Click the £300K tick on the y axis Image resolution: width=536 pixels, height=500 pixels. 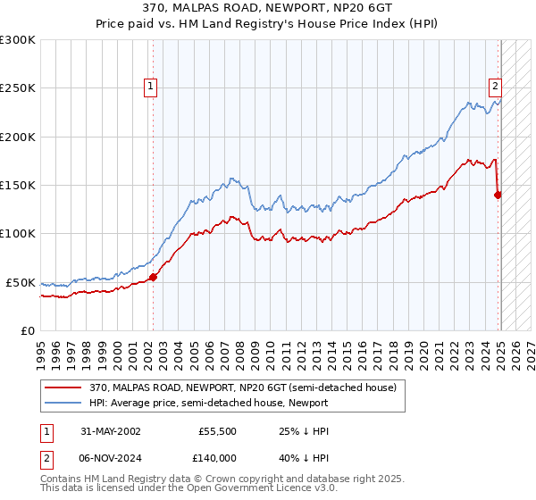18,40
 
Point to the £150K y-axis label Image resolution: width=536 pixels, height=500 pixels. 18,186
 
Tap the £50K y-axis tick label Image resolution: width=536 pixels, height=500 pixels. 21,282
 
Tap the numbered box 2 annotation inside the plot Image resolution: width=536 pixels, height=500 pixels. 494,87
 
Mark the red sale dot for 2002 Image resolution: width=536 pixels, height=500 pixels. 153,277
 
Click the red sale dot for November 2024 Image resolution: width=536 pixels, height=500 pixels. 498,195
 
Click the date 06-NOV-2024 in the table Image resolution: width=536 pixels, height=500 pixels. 105,457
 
